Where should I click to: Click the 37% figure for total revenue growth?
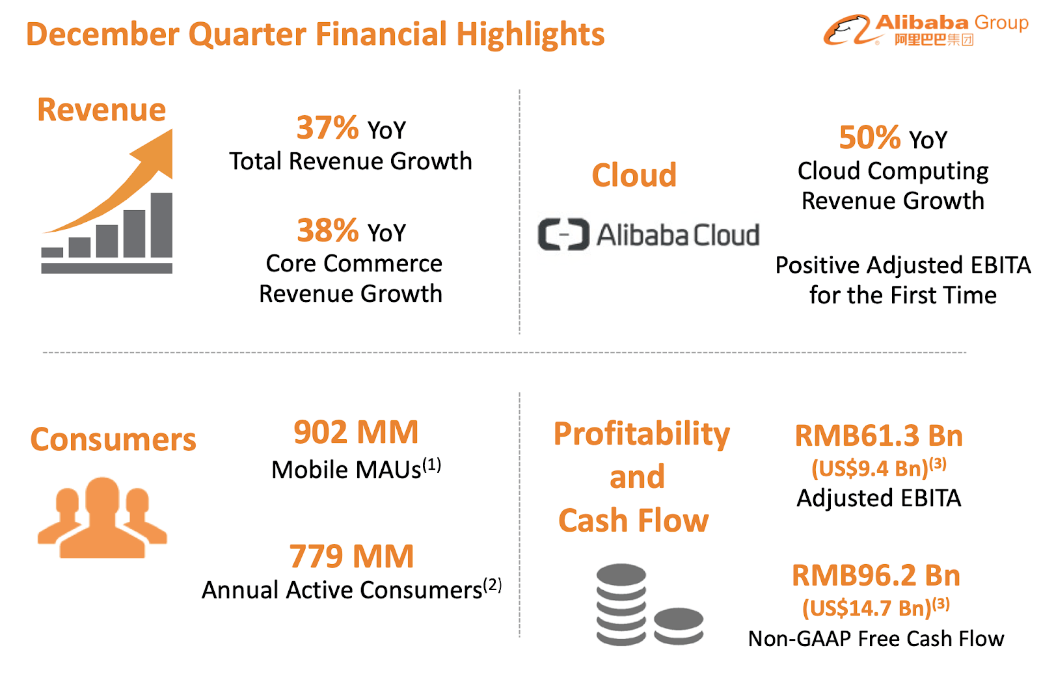(327, 128)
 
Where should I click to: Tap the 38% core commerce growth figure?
(327, 230)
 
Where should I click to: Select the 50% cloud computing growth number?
(869, 137)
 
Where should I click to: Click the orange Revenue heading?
(101, 109)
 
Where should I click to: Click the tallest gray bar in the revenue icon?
(161, 224)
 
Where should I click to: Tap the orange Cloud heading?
(634, 175)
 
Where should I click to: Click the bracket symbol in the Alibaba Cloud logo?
(563, 234)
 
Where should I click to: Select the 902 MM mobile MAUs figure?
(356, 432)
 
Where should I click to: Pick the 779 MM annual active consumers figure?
(351, 556)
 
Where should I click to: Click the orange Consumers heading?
(113, 439)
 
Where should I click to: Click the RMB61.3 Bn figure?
(878, 436)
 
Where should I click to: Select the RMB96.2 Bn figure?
(876, 575)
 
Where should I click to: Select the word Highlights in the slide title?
(530, 34)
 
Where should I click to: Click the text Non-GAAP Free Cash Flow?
(876, 639)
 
